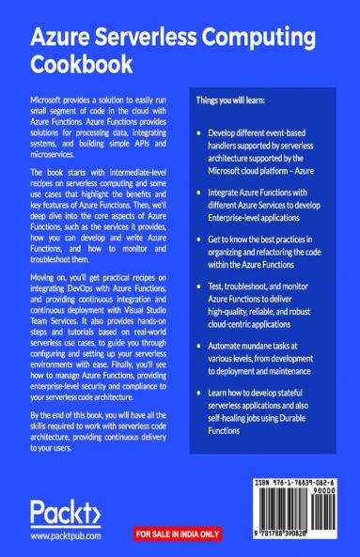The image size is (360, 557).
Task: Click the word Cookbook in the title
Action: pos(78,65)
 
